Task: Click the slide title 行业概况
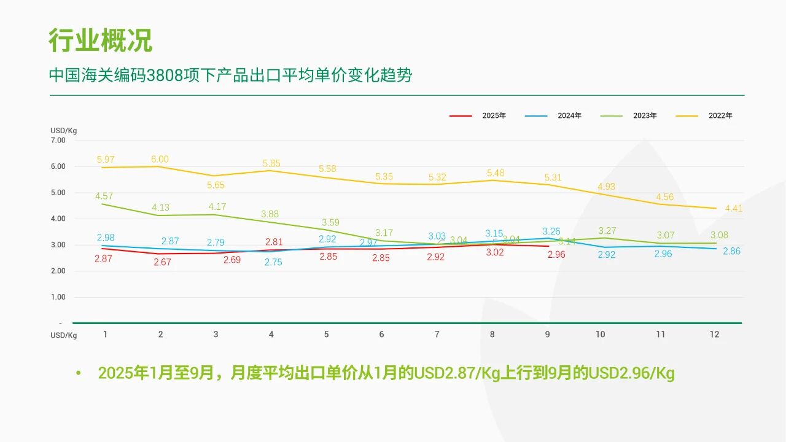pos(100,41)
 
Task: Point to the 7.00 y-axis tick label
pos(58,140)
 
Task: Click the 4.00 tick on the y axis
pos(58,219)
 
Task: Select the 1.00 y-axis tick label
pos(58,297)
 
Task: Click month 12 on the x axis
pos(715,335)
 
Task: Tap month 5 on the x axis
pos(326,335)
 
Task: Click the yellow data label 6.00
pos(160,159)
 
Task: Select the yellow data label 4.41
pos(733,208)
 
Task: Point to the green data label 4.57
pos(104,196)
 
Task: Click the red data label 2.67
pos(162,262)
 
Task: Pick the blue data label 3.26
pos(551,231)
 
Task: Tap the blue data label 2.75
pos(273,262)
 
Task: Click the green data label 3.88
pos(270,214)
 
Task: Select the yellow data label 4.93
pos(606,187)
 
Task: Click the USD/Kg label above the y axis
pos(63,130)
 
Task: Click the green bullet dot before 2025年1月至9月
pos(78,373)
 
